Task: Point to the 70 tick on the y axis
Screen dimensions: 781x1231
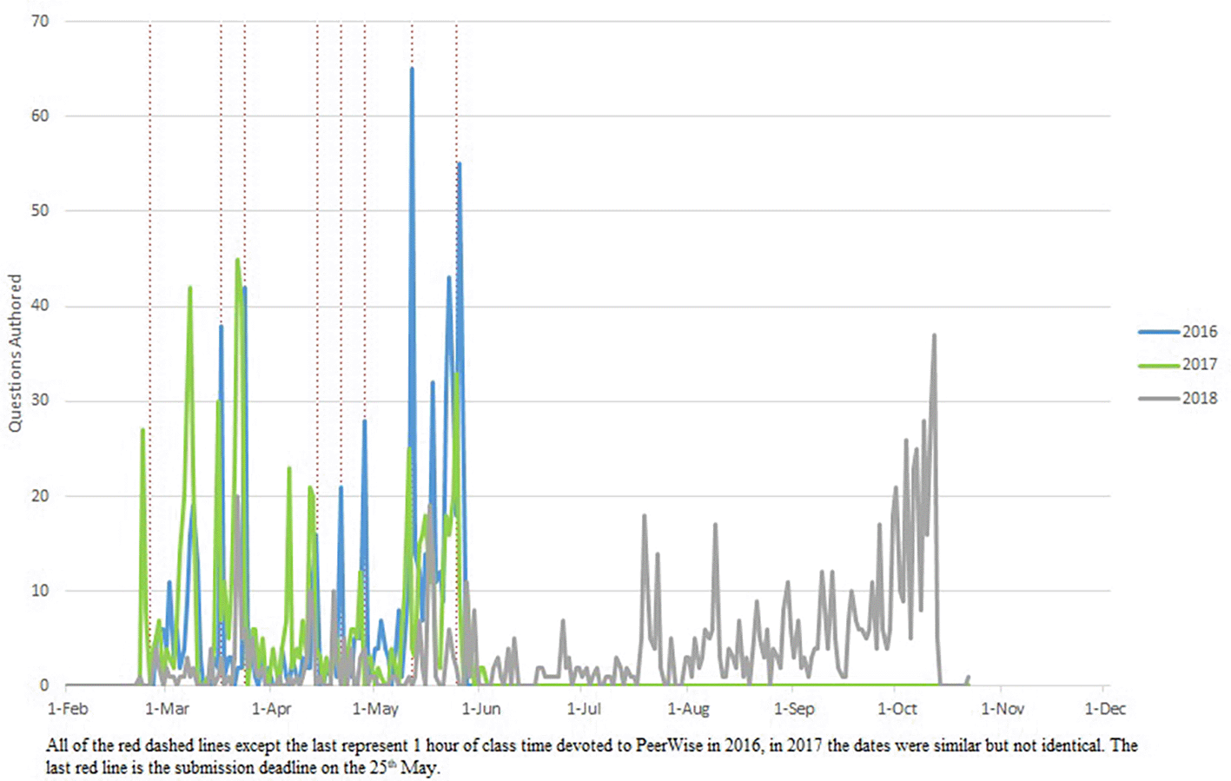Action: pos(40,21)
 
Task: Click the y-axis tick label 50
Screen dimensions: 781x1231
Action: pos(40,210)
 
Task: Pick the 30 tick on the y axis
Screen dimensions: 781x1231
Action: pos(40,400)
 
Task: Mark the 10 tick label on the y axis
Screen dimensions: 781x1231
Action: pos(40,591)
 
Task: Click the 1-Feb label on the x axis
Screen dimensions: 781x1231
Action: pos(68,709)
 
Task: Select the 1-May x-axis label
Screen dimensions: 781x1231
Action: pos(375,709)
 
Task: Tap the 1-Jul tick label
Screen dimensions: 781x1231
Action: pos(584,709)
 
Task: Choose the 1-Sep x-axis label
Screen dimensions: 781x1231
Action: pos(794,709)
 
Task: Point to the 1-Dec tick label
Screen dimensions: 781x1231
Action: pos(1105,709)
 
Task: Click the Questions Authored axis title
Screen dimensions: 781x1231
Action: pos(15,353)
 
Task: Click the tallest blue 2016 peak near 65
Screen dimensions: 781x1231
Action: pos(412,69)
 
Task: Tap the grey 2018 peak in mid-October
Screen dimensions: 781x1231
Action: pos(934,335)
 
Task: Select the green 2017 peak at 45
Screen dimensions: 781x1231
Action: pos(237,260)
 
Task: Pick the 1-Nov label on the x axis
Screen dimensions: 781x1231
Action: pos(1003,709)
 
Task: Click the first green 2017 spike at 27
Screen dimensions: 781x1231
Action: pos(142,430)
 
